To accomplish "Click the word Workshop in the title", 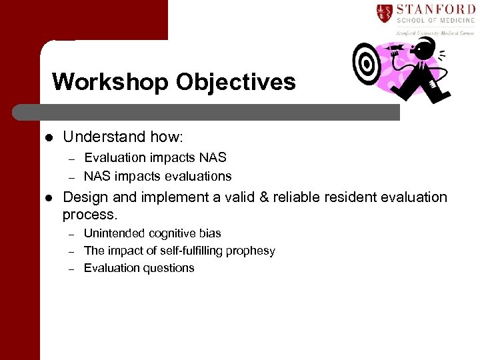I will pos(110,82).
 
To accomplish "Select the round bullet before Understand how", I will pos(48,137).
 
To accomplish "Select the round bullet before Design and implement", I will pos(48,198).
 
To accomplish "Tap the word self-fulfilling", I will pos(187,251).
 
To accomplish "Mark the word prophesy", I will pos(250,251).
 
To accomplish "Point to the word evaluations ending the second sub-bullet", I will pos(201,177).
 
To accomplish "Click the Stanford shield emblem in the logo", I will pos(383,13).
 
